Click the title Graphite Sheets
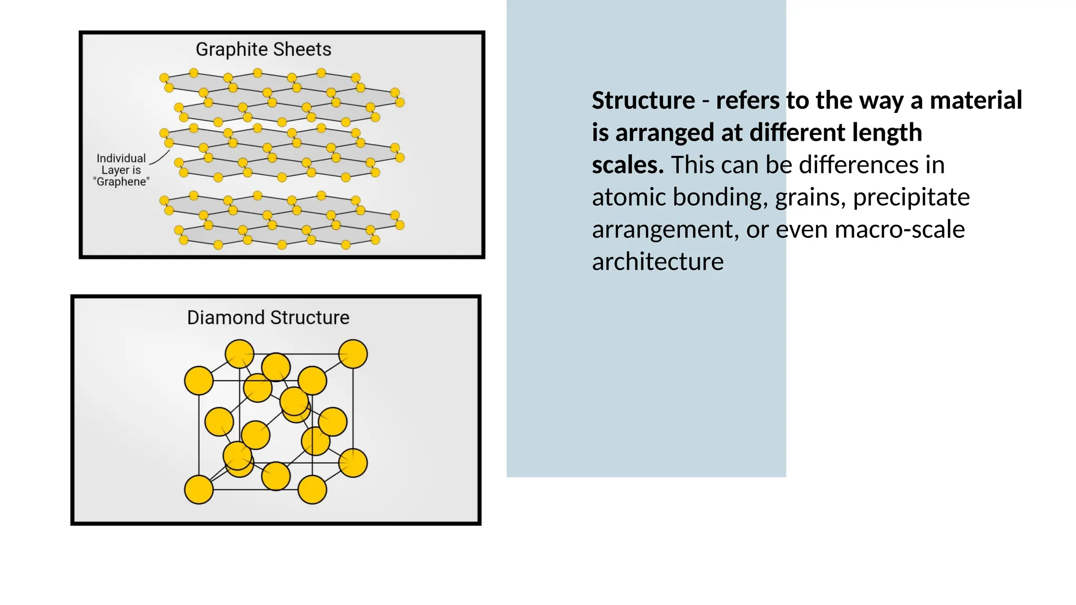263,49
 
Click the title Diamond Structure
268,318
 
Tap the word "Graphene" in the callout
121,182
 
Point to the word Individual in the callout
121,158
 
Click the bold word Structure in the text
643,100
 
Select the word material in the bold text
976,100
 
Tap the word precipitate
911,197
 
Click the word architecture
657,262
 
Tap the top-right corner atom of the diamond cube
353,353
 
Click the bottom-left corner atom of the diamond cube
199,489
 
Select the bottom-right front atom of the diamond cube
312,489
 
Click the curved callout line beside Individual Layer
161,157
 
